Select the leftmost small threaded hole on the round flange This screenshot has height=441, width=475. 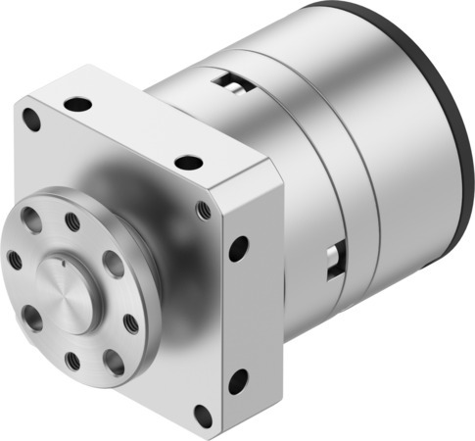[x=14, y=260]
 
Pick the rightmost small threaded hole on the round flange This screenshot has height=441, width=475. [x=131, y=321]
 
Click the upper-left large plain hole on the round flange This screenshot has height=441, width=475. [x=32, y=221]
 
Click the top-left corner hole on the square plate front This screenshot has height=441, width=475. [x=32, y=121]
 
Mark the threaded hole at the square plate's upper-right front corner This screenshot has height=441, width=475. [x=204, y=210]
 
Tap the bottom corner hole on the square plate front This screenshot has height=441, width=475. [x=203, y=415]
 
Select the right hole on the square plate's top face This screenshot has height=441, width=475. [x=188, y=163]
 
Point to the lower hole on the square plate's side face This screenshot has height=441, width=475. [x=237, y=379]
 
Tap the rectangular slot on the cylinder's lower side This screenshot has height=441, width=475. [x=336, y=257]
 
